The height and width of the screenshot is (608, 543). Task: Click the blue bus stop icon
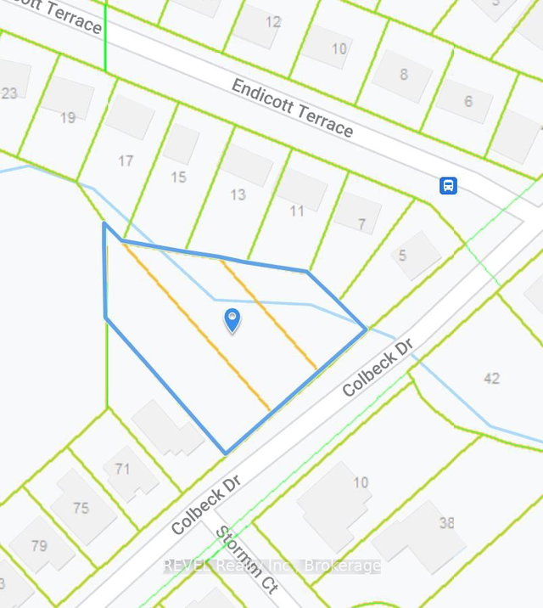pos(448,185)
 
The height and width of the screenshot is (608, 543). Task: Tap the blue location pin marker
pos(231,320)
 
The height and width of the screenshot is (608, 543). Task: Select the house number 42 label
pos(491,378)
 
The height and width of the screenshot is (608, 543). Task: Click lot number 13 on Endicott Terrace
pos(238,194)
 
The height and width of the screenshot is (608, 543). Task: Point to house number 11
pos(296,210)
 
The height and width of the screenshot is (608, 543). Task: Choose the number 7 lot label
pos(362,224)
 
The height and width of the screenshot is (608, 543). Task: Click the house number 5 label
pos(402,256)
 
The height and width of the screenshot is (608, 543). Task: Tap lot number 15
pos(178,177)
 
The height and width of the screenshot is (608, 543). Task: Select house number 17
pos(126,160)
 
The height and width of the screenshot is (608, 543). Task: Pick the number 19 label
pos(68,118)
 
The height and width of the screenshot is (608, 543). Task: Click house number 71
pos(122,469)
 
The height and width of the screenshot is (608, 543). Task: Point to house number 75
pos(81,508)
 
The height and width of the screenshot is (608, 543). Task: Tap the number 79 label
pos(39,545)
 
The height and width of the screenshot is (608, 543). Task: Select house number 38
pos(446,523)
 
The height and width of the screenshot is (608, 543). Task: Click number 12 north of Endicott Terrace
pos(272,22)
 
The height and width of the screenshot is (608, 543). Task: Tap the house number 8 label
pos(404,74)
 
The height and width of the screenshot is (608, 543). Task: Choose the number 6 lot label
pos(468,102)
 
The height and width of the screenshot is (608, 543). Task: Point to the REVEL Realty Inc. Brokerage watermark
pos(271,566)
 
